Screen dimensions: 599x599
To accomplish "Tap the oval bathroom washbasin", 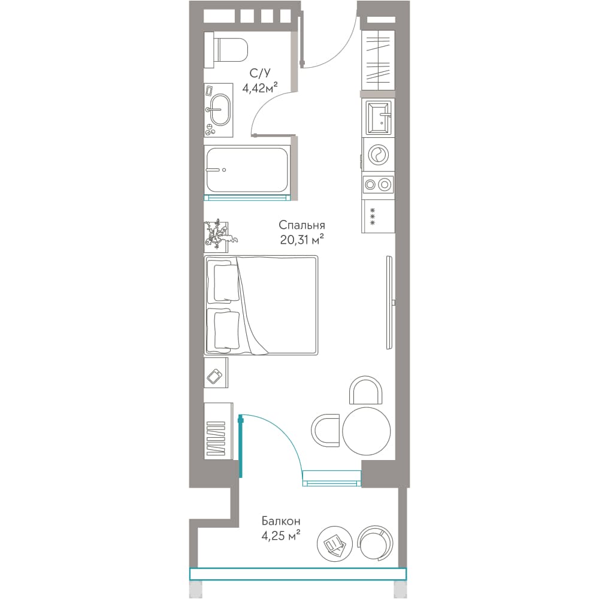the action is (x=220, y=110).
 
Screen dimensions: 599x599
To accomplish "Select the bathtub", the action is (x=247, y=170).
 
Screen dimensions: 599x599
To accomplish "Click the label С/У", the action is (x=260, y=72).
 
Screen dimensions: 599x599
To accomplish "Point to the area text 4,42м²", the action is (x=260, y=88).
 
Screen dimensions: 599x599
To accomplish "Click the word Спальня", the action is (x=302, y=225).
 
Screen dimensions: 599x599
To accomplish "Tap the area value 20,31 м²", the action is (x=302, y=240).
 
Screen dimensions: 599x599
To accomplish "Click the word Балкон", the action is (x=281, y=521).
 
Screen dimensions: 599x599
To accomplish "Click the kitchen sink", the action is (x=378, y=117).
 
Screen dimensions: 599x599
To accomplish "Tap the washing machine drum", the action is (x=378, y=155).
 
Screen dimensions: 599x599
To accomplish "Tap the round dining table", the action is (x=367, y=430).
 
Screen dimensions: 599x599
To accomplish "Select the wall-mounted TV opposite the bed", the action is (x=390, y=302).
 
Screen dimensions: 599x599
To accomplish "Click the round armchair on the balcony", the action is (x=375, y=542).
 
